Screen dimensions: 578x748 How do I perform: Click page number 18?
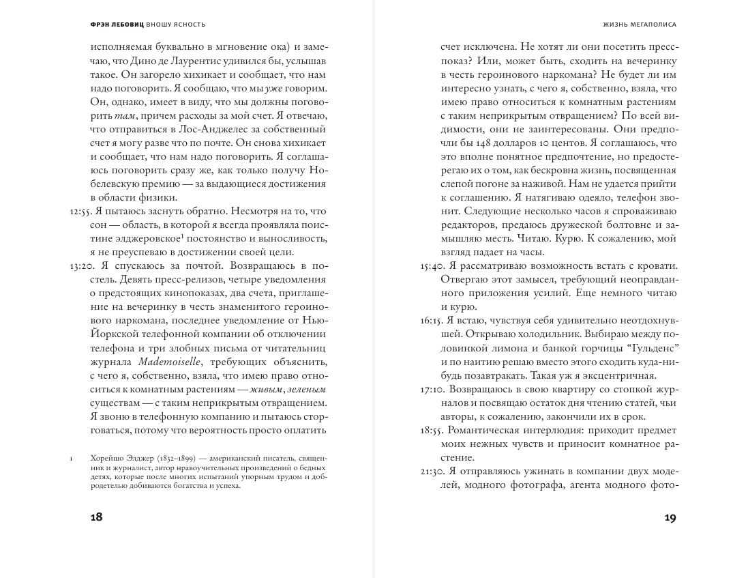pos(96,517)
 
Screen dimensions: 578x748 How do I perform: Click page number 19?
pos(670,517)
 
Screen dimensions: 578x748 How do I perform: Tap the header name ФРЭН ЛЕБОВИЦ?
pos(117,24)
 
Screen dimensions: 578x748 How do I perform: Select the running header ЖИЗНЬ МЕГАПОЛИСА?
pos(640,24)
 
